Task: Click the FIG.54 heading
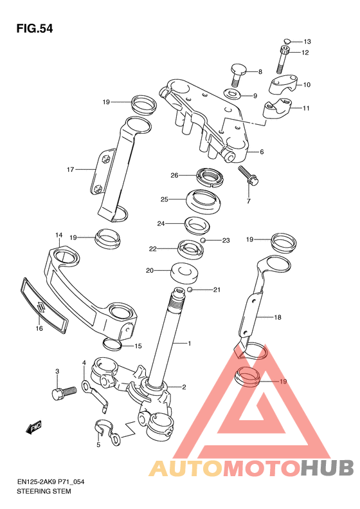34,29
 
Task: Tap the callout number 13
307,42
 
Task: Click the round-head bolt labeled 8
238,75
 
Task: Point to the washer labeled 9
232,94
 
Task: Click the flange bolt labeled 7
248,175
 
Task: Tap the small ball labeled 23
203,240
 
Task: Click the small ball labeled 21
190,290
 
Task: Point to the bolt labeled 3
64,393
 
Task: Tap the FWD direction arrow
34,427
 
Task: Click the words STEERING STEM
44,491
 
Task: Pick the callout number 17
70,169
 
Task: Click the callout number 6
262,152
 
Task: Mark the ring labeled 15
113,343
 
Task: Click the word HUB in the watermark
327,468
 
